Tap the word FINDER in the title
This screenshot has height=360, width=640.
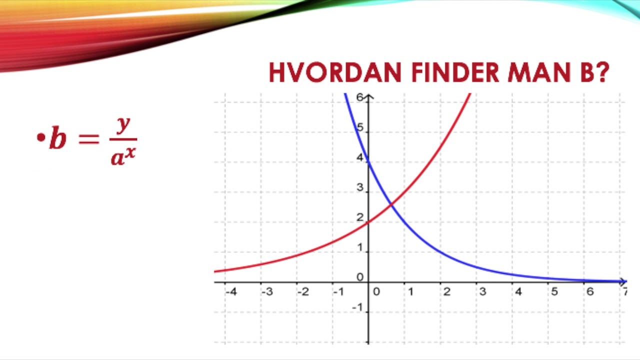click(x=454, y=73)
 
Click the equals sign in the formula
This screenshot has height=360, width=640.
click(x=89, y=140)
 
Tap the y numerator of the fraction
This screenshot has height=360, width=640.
click(x=122, y=125)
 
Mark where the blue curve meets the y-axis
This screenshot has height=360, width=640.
click(x=368, y=162)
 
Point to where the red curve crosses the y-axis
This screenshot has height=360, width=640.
click(x=368, y=222)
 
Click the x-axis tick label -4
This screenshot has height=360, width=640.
click(x=230, y=291)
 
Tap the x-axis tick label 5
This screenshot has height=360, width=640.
click(x=554, y=291)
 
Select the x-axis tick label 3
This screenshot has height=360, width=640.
click(x=482, y=291)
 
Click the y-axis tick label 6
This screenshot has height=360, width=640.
click(x=359, y=97)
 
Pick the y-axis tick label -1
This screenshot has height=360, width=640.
click(x=357, y=307)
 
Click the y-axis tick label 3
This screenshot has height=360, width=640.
click(x=359, y=188)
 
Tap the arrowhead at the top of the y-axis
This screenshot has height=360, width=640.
click(x=368, y=97)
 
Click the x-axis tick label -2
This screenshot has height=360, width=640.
click(x=302, y=291)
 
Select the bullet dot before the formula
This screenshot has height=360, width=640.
click(x=40, y=137)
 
